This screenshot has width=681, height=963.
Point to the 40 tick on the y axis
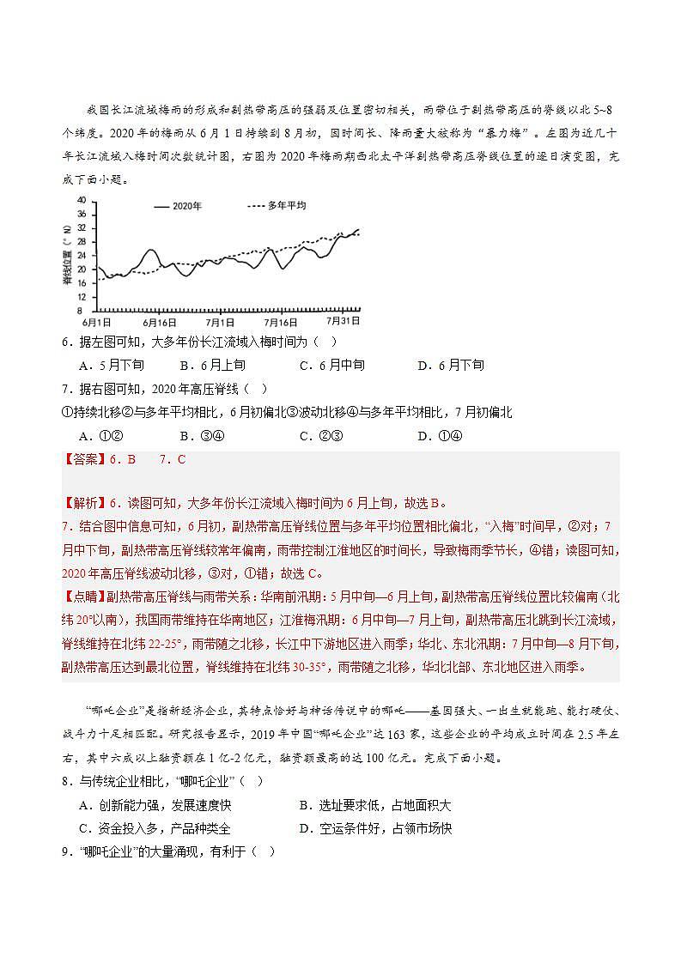click(82, 200)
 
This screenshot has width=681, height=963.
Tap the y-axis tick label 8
click(83, 310)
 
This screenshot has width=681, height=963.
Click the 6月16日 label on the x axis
click(160, 322)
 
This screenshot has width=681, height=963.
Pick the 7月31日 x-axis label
click(342, 322)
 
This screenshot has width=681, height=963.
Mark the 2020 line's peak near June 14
click(151, 250)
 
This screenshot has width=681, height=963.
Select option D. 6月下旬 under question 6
click(450, 365)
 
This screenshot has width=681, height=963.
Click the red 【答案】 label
click(83, 459)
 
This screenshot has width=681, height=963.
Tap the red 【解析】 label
click(83, 504)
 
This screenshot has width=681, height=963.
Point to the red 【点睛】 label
click(83, 596)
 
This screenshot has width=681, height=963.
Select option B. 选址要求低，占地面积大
click(374, 805)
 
